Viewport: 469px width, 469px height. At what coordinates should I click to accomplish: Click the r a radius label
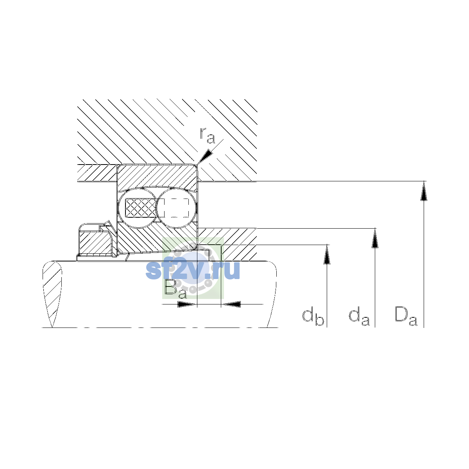pos(207,136)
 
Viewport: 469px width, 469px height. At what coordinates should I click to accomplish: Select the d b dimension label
pos(313,317)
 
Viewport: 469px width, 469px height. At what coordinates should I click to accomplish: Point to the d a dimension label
pos(359,317)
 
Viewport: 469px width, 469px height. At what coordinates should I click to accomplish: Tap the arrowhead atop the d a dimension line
pos(375,238)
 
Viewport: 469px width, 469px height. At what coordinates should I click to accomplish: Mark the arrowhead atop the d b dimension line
pos(327,254)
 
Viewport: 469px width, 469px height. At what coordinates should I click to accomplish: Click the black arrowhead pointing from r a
pos(205,156)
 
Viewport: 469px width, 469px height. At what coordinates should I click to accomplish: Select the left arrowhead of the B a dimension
pos(187,304)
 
